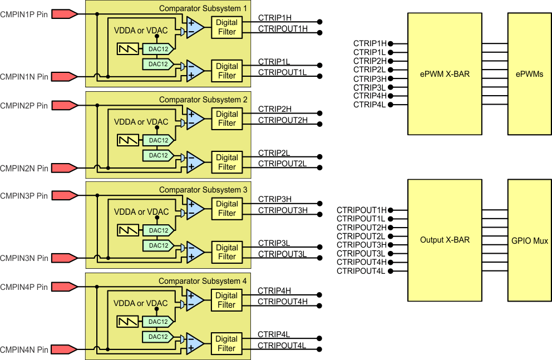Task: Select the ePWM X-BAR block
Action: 445,73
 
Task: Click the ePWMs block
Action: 529,73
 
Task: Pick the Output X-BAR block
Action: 445,240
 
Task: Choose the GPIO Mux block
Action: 529,240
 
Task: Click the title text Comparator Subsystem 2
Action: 203,100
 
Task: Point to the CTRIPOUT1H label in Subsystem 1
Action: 283,29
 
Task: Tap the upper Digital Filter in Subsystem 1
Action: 226,27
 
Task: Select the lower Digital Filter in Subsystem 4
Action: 226,343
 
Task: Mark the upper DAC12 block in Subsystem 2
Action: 158,140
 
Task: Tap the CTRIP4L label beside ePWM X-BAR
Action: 369,105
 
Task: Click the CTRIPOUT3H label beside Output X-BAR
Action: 362,245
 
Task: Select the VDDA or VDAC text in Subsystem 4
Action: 141,304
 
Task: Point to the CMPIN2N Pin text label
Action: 24,168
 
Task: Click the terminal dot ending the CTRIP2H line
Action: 319,113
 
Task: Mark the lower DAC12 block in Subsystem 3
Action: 158,245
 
